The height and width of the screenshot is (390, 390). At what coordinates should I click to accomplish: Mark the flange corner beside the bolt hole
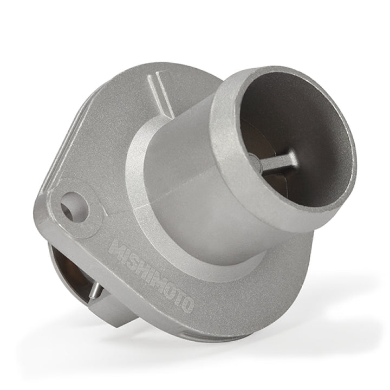46,209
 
